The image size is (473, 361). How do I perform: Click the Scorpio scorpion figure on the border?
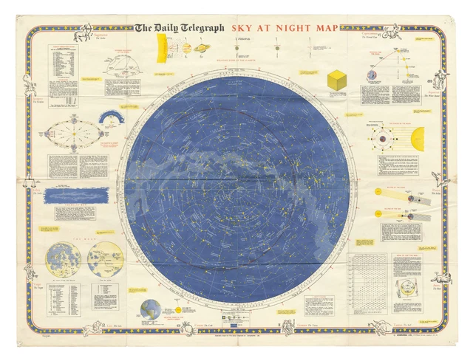29,80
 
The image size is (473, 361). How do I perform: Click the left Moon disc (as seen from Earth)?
64,258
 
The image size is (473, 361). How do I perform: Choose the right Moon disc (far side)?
104,258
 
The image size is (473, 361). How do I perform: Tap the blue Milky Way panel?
76,195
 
